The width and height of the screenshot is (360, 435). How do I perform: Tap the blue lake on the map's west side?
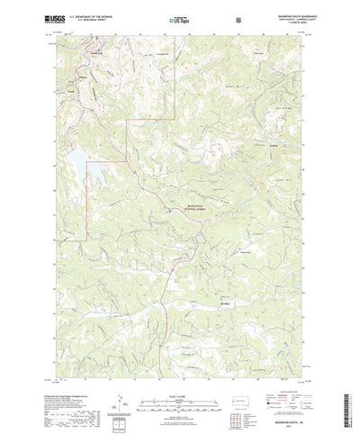point(70,163)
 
